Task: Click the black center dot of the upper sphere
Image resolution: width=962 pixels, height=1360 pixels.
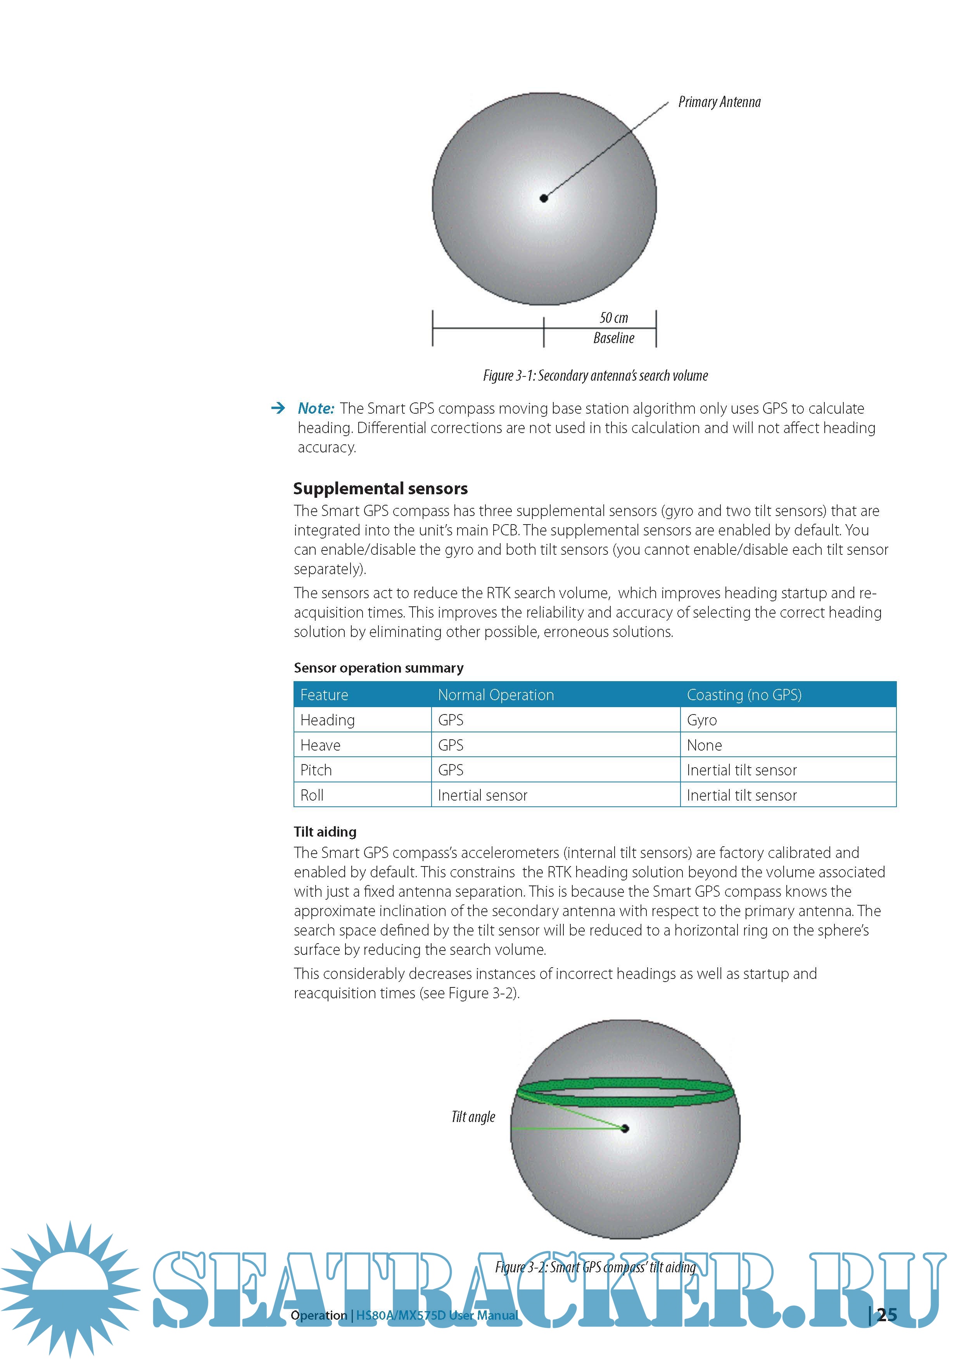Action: click(x=544, y=198)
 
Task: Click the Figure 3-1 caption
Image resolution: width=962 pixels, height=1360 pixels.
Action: click(x=595, y=376)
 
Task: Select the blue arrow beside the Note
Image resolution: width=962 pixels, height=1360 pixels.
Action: click(x=277, y=408)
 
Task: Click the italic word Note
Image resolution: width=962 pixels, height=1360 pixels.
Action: click(x=316, y=408)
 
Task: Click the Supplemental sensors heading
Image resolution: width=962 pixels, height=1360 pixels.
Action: click(x=380, y=488)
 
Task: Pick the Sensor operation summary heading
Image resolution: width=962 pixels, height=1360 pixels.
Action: click(x=378, y=668)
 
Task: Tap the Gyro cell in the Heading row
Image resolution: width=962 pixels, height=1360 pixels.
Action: click(x=702, y=720)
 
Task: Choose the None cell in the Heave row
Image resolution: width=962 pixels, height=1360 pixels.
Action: click(x=704, y=745)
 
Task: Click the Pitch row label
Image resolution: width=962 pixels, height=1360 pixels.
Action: click(x=316, y=770)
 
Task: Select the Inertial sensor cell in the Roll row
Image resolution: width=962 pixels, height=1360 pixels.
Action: click(x=482, y=796)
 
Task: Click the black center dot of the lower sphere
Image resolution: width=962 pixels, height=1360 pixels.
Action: click(x=625, y=1129)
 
